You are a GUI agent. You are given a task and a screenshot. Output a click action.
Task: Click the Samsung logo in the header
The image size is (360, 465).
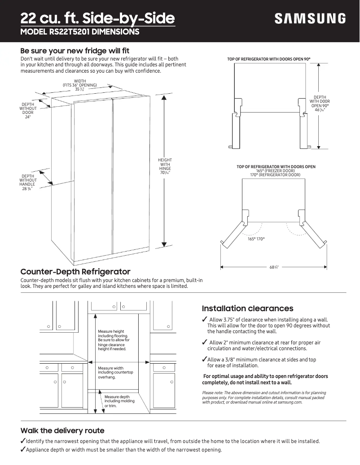pyautogui.click(x=310, y=18)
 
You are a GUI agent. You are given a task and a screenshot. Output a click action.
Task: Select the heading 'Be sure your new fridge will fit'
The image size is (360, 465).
pyautogui.click(x=75, y=51)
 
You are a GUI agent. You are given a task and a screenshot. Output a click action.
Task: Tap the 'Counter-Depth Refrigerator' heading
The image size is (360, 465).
pyautogui.click(x=75, y=272)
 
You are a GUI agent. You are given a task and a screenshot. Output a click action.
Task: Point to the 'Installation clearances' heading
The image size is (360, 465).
pyautogui.click(x=247, y=309)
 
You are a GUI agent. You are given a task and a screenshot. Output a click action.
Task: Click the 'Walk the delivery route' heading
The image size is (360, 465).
pyautogui.click(x=62, y=430)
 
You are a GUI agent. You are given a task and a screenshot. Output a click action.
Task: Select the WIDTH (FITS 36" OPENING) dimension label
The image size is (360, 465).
pyautogui.click(x=79, y=85)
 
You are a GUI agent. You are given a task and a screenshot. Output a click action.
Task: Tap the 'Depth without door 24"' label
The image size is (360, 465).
pyautogui.click(x=28, y=111)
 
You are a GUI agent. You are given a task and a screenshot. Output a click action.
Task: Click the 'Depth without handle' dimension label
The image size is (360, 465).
pyautogui.click(x=28, y=183)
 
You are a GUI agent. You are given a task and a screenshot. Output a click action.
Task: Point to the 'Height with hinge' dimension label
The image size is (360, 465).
pyautogui.click(x=165, y=166)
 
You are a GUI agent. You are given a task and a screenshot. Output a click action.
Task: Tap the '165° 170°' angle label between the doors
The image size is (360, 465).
pyautogui.click(x=256, y=239)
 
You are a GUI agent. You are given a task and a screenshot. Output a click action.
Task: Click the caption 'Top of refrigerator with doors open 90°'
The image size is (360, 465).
pyautogui.click(x=269, y=59)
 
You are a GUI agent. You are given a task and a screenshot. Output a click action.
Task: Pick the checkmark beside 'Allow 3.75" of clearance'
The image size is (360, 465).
pyautogui.click(x=205, y=319)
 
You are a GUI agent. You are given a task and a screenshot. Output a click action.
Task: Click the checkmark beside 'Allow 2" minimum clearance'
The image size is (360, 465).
pyautogui.click(x=205, y=343)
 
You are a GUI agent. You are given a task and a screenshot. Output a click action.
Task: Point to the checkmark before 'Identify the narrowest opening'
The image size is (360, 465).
pyautogui.click(x=23, y=441)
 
